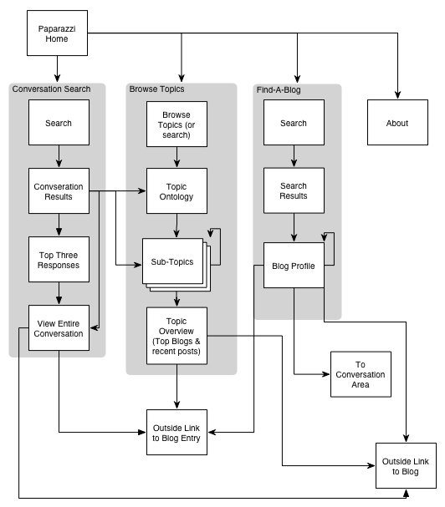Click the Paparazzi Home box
pos(57,33)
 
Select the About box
pos(397,122)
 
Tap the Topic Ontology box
pos(176,190)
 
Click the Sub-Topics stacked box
pos(176,265)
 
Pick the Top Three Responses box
pos(59,259)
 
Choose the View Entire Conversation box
pos(59,328)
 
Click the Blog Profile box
pos(294,265)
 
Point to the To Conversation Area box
pos(361,374)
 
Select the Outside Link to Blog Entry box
pos(176,433)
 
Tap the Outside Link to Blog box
pos(406,465)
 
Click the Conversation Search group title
pos(52,89)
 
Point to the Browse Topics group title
pos(156,89)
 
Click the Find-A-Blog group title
pos(279,90)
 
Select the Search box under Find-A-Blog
pos(294,122)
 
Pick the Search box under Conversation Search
pos(59,122)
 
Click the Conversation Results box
pos(59,190)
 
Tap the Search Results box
pos(294,190)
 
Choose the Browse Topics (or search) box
pos(176,124)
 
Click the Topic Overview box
pos(176,336)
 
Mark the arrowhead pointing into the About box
pos(397,95)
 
